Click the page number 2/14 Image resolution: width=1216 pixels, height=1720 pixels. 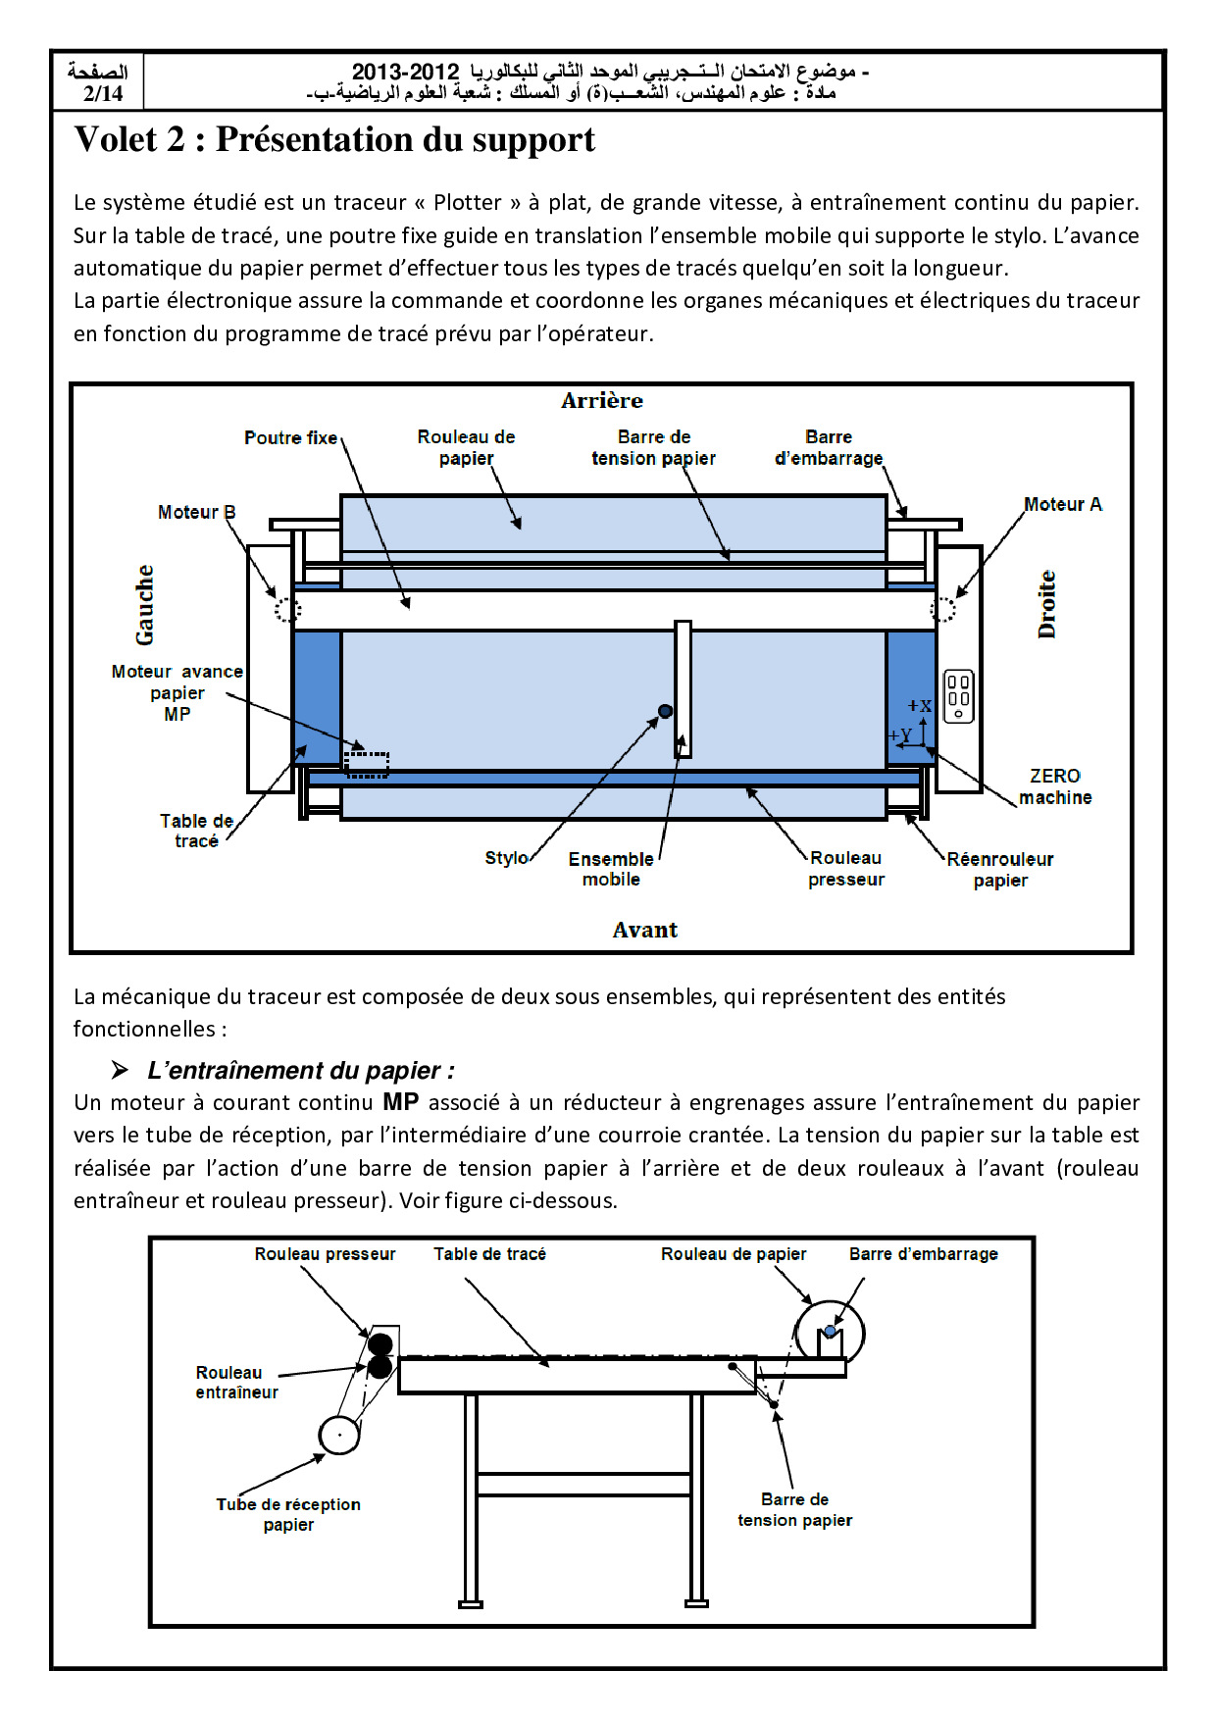pyautogui.click(x=103, y=94)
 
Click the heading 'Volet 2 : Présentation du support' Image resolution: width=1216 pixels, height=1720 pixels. pyautogui.click(x=334, y=140)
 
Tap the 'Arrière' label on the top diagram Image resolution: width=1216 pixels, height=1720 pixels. pyautogui.click(x=602, y=400)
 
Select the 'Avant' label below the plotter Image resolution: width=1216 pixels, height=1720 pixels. pyautogui.click(x=644, y=930)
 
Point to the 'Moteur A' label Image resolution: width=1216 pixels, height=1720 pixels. pyautogui.click(x=1062, y=504)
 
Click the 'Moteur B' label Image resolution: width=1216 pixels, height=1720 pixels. pyautogui.click(x=196, y=512)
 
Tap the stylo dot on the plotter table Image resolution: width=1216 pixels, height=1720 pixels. pyautogui.click(x=665, y=711)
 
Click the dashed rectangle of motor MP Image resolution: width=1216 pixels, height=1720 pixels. pyautogui.click(x=368, y=764)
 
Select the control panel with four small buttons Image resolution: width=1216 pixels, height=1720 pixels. pyautogui.click(x=958, y=696)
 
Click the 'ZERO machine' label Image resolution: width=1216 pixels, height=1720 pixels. pyautogui.click(x=1055, y=786)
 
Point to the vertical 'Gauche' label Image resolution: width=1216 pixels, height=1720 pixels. pyautogui.click(x=145, y=604)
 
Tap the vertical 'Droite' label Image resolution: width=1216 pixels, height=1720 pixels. pyautogui.click(x=1047, y=604)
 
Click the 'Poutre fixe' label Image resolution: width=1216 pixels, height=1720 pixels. pyautogui.click(x=290, y=437)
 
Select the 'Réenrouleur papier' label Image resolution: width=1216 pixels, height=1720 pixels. pyautogui.click(x=1000, y=869)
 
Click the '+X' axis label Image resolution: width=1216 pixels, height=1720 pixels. pyautogui.click(x=919, y=706)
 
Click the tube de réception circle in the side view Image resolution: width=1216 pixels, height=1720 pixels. pyautogui.click(x=339, y=1436)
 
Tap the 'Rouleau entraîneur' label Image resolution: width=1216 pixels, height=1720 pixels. pyautogui.click(x=235, y=1382)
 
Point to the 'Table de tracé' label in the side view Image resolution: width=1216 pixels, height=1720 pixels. pyautogui.click(x=489, y=1254)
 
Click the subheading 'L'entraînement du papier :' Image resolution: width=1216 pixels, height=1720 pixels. pyautogui.click(x=300, y=1070)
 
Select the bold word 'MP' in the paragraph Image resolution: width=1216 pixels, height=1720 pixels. pyautogui.click(x=400, y=1102)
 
